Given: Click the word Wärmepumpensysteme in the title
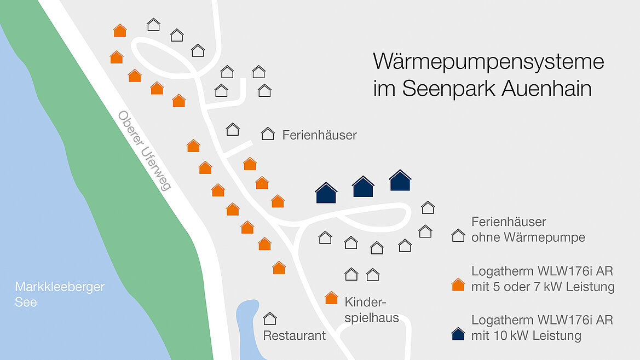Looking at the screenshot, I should coord(488,61).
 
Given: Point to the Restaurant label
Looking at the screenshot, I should coord(294,335).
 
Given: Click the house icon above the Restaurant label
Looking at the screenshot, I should coord(269,318).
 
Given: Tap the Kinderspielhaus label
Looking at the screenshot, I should coord(371,310).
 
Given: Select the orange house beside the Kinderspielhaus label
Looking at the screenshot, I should coord(331,298).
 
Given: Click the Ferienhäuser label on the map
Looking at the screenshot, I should coord(319,135).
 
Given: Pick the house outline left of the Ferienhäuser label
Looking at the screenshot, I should coord(268,133).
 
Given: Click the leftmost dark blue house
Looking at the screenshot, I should coord(326,193).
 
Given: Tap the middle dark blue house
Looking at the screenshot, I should coord(363,187).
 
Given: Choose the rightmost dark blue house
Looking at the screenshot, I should coord(400,181).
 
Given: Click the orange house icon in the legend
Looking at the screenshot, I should coord(458,285).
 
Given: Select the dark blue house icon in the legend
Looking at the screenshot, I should coord(458,334).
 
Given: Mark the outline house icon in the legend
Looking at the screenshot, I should coord(458,236).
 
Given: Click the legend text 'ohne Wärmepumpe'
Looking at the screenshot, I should coord(528,237).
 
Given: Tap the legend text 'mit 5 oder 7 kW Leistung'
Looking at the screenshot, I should coord(543,287).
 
